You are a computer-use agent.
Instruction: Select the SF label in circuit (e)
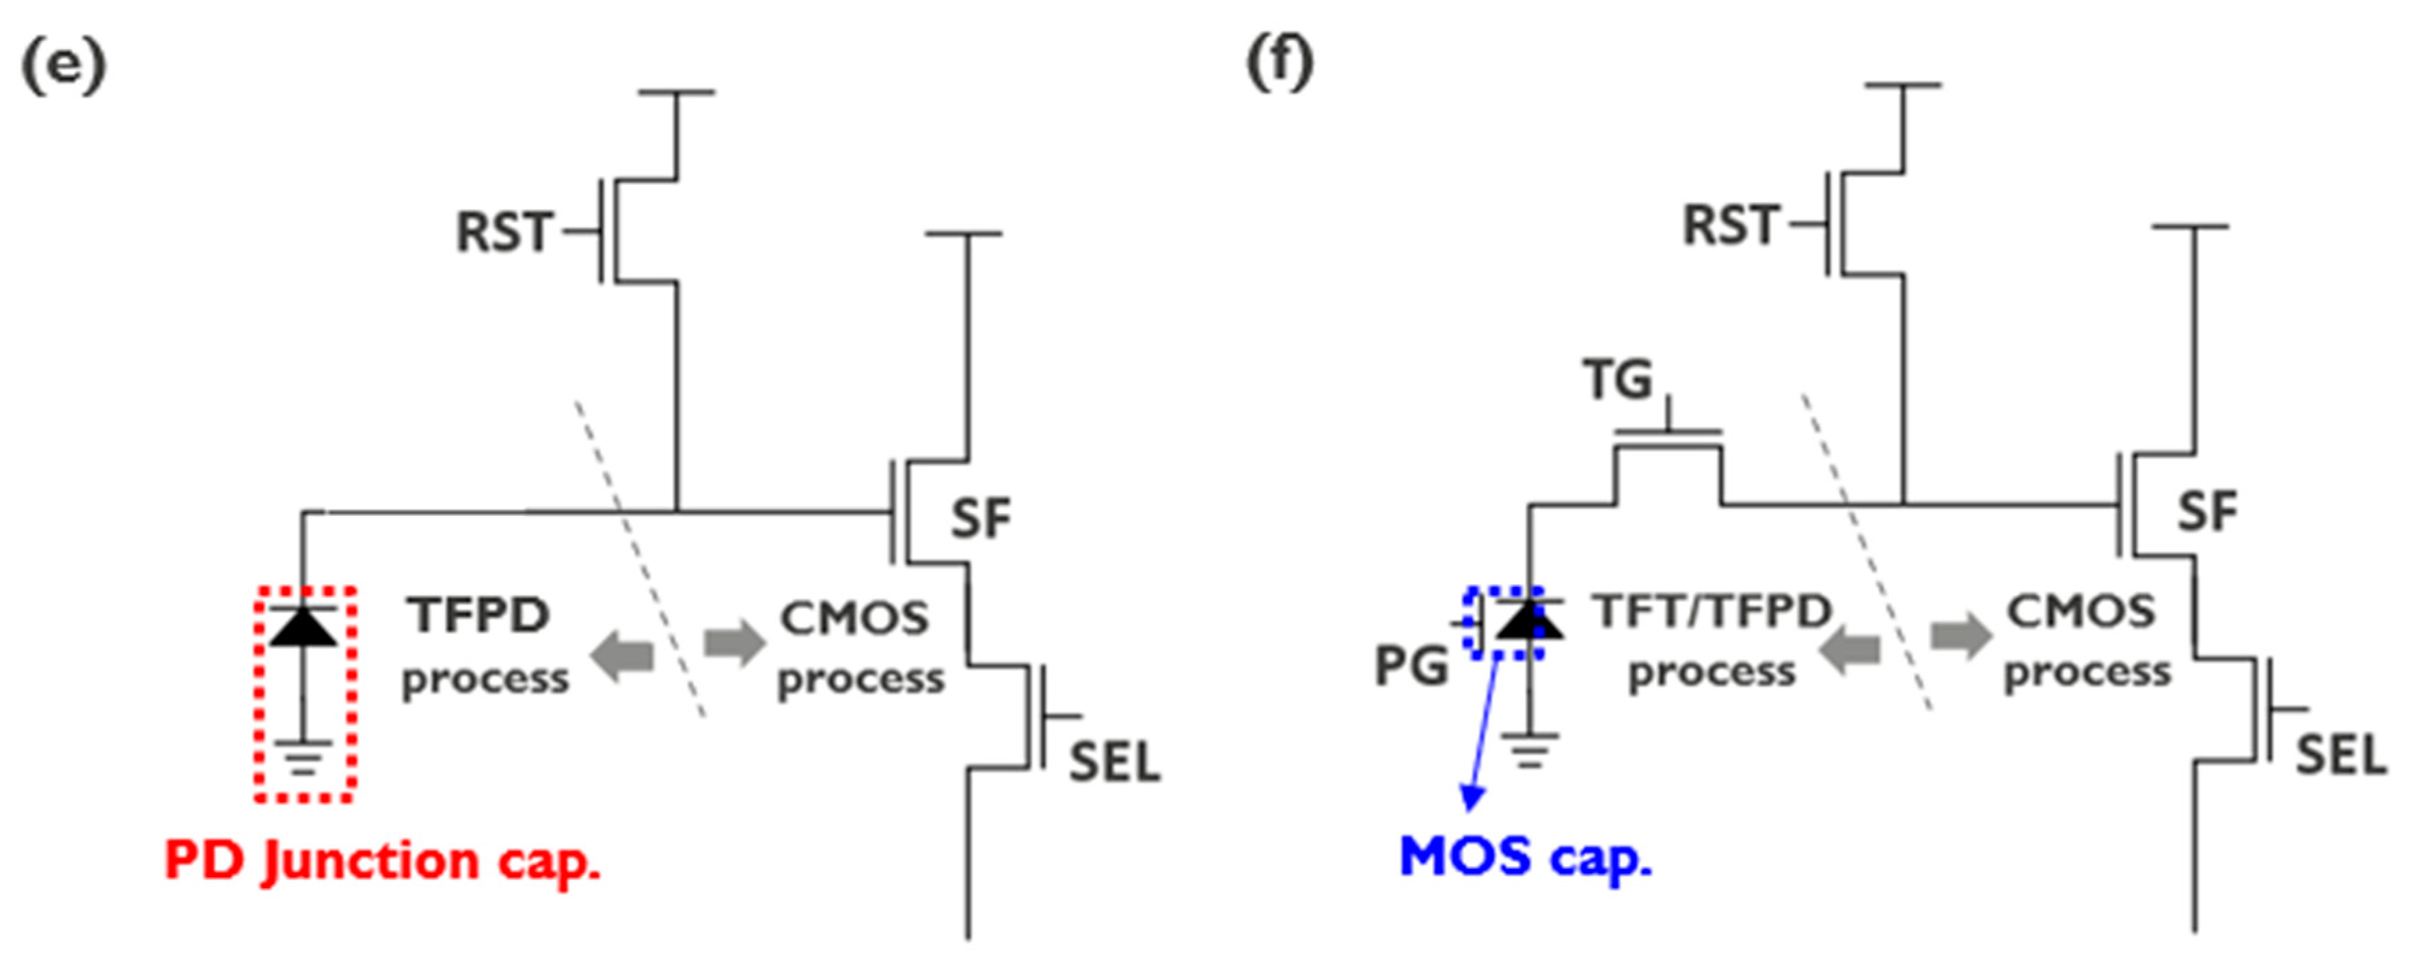click(x=980, y=519)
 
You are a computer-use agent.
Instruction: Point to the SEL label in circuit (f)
click(x=2341, y=756)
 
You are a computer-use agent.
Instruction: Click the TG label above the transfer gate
click(x=1617, y=381)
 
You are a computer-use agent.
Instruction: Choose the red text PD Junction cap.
click(x=383, y=861)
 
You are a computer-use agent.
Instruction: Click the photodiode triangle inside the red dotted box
click(x=303, y=628)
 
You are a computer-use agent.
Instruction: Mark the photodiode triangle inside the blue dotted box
click(x=1529, y=621)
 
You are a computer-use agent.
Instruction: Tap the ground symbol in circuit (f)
click(x=1529, y=749)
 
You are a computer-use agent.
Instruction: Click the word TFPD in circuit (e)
click(x=478, y=616)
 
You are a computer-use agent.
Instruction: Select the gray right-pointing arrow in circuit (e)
click(x=735, y=644)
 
